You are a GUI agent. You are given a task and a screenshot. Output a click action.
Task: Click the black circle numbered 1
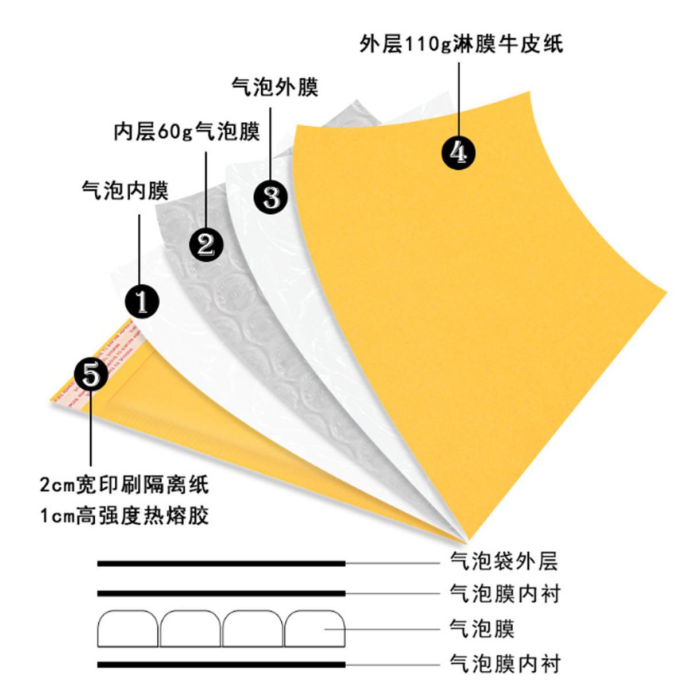tap(142, 300)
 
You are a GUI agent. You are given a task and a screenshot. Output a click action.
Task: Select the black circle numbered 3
tap(271, 197)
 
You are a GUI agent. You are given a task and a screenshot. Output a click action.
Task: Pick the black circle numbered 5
tap(91, 374)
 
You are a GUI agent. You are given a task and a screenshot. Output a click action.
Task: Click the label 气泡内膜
tap(125, 190)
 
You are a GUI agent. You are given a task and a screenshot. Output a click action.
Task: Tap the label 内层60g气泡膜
tap(187, 131)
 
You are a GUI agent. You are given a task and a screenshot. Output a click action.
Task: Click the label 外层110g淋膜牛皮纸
tap(461, 44)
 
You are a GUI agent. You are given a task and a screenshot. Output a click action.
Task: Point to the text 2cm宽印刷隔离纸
tap(124, 485)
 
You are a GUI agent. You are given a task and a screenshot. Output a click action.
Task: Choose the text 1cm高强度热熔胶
tap(124, 516)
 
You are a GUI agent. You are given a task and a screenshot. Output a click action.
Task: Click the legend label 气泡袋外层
tap(504, 561)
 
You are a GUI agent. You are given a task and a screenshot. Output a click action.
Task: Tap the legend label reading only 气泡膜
tap(482, 628)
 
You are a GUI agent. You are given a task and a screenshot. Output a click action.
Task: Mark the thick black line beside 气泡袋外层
tap(221, 564)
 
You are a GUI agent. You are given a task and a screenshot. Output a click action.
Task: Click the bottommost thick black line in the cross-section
tap(221, 665)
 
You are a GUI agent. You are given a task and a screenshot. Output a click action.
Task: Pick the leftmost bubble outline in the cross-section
tap(128, 629)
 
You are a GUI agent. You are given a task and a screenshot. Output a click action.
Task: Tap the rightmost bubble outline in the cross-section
tap(314, 629)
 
